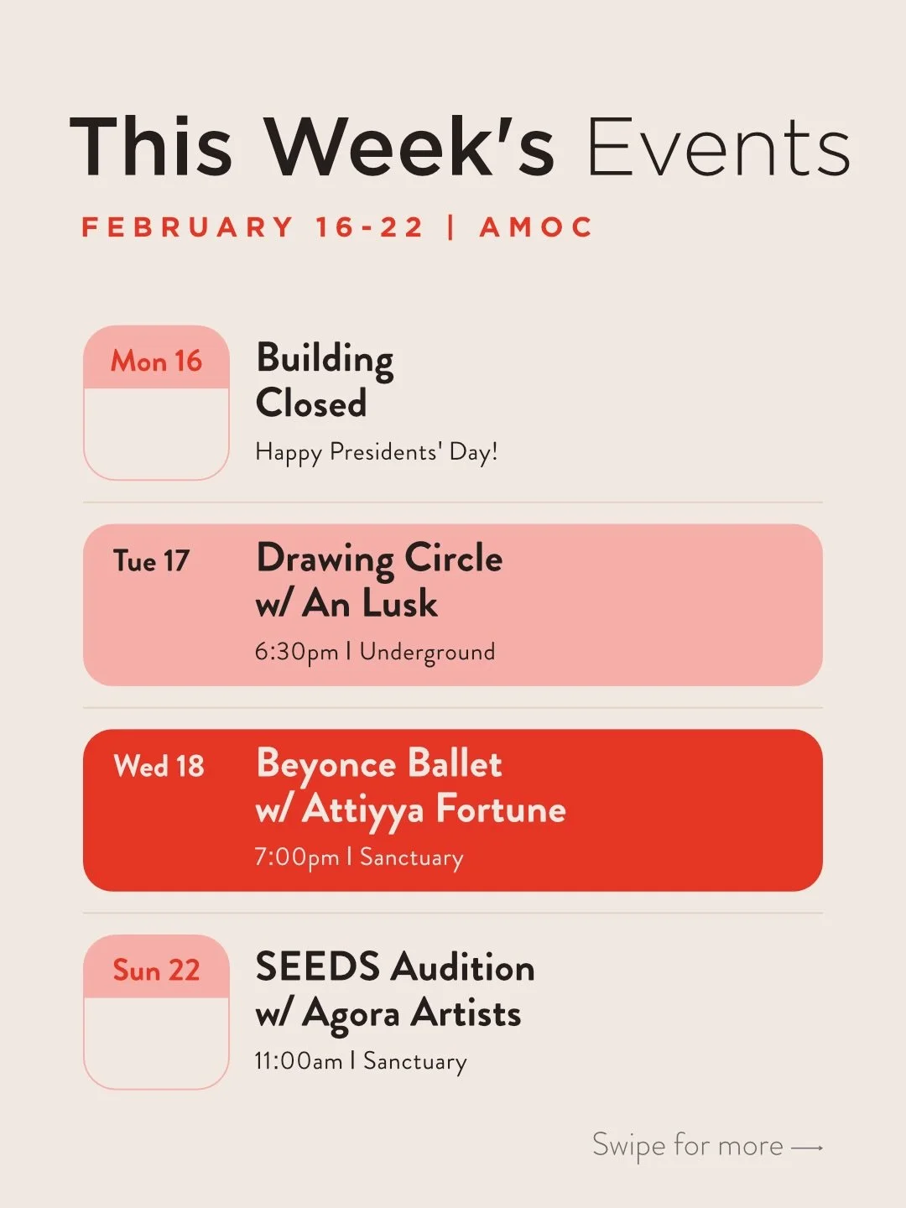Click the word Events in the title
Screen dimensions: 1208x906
click(718, 147)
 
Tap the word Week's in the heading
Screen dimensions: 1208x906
click(410, 147)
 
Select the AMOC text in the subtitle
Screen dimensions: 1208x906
click(536, 227)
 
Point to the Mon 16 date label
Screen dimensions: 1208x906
click(157, 361)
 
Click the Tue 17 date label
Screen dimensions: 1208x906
click(152, 560)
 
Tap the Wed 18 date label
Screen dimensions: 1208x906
click(159, 765)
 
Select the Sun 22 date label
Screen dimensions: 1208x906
click(157, 970)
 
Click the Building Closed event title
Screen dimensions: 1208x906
click(324, 380)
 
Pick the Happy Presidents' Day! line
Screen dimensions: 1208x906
click(377, 452)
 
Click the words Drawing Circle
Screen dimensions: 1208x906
click(379, 558)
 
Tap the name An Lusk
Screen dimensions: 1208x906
click(370, 603)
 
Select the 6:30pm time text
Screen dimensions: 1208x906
click(296, 652)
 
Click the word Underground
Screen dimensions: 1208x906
click(427, 652)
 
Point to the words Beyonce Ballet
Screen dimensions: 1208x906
click(379, 764)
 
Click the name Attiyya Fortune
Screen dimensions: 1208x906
click(434, 810)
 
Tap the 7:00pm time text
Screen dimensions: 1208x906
click(296, 857)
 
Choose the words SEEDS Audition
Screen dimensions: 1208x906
click(395, 967)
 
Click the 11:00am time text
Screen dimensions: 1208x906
click(299, 1061)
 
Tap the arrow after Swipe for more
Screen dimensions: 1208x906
click(807, 1147)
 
